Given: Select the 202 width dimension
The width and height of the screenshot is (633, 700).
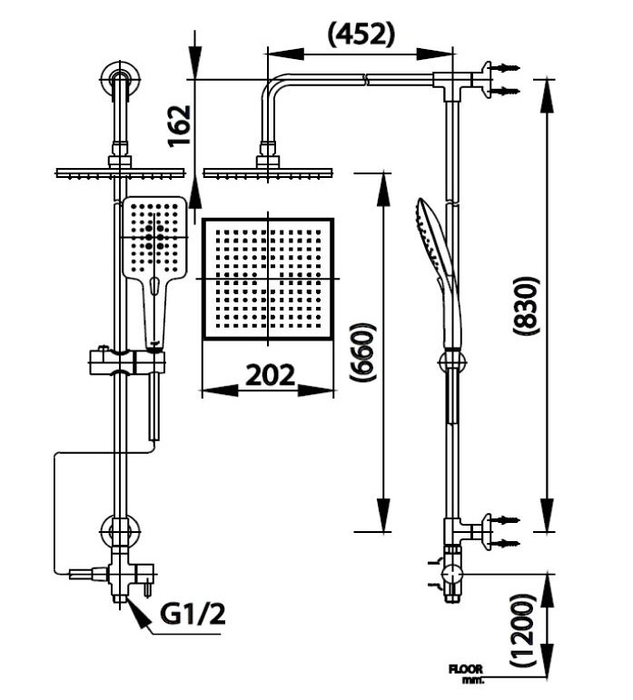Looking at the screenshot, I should pyautogui.click(x=269, y=373).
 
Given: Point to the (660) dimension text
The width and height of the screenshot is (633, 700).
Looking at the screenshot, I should pyautogui.click(x=362, y=351).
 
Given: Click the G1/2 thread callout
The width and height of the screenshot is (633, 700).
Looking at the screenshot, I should pyautogui.click(x=192, y=615).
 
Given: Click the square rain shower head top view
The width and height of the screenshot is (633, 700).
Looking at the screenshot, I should pyautogui.click(x=268, y=279).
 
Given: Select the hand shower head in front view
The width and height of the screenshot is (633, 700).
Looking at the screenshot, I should pyautogui.click(x=153, y=241).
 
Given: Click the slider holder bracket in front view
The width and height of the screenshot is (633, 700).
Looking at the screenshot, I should pyautogui.click(x=127, y=363).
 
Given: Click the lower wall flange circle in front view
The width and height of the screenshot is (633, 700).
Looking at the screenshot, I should pyautogui.click(x=119, y=529).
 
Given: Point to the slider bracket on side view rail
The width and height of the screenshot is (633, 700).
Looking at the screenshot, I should pyautogui.click(x=450, y=361).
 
